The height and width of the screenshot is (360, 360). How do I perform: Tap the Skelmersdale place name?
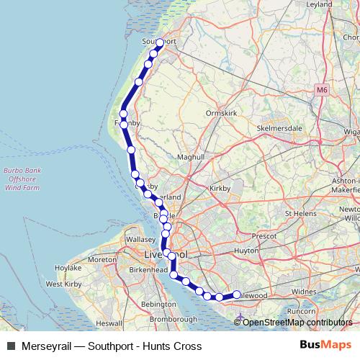(278, 128)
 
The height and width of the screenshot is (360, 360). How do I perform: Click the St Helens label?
(302, 214)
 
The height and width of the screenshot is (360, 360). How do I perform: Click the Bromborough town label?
(175, 318)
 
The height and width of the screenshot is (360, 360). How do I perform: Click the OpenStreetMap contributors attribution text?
(298, 322)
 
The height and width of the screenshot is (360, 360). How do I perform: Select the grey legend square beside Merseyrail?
(11, 346)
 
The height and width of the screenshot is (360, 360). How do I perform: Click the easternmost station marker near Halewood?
(236, 294)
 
